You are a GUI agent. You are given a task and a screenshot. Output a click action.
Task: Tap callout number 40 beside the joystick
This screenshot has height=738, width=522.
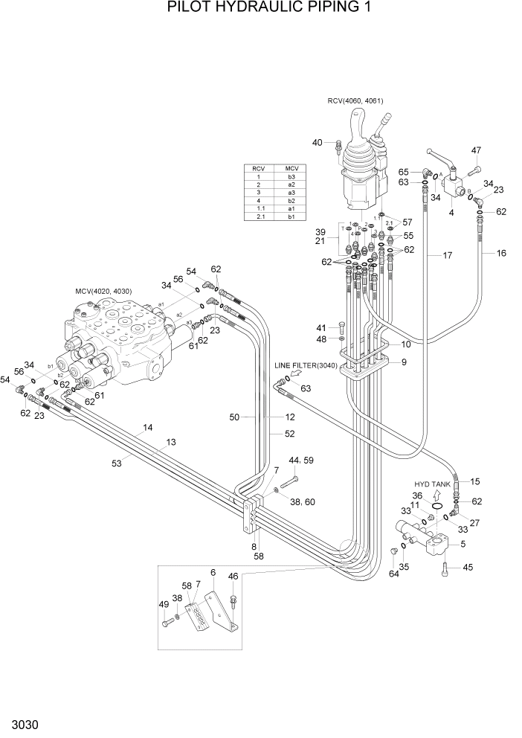coord(318,142)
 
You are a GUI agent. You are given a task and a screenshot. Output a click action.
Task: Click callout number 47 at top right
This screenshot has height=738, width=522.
coord(476,150)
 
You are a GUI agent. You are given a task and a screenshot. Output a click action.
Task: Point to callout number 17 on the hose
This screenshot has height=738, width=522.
coord(448,256)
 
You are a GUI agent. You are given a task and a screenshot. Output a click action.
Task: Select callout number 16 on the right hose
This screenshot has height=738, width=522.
coord(501,254)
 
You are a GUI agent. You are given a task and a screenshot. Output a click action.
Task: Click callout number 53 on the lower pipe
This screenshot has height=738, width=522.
coord(117,463)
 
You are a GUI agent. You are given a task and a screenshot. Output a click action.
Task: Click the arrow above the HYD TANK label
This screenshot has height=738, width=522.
coord(437,492)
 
